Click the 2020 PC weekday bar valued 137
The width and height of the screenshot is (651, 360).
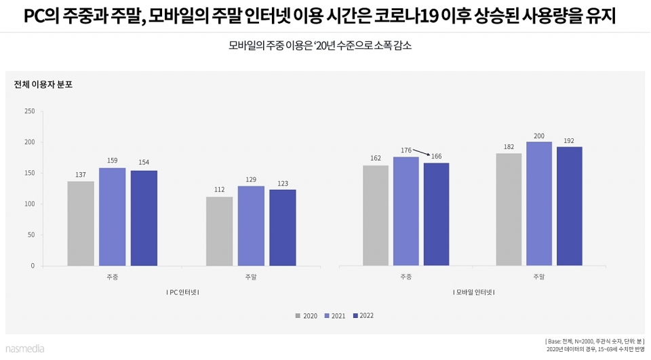81,223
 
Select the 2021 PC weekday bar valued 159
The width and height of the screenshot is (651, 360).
112,216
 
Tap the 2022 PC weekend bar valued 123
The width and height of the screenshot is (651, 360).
282,227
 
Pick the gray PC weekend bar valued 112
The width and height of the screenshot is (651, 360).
220,231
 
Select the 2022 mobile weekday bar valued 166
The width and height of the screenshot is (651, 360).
436,214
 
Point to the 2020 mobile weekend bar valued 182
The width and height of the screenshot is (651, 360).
509,209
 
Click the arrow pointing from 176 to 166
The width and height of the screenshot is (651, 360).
420,153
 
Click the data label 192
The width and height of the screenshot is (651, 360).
568,141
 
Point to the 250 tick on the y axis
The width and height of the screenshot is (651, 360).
29,111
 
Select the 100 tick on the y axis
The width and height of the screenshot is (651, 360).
29,204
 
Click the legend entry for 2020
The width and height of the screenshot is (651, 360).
307,316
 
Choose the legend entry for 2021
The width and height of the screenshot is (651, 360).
335,316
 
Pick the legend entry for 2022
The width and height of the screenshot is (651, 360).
363,316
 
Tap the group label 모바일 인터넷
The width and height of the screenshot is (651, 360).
474,292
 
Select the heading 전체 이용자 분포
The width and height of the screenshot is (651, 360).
43,85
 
